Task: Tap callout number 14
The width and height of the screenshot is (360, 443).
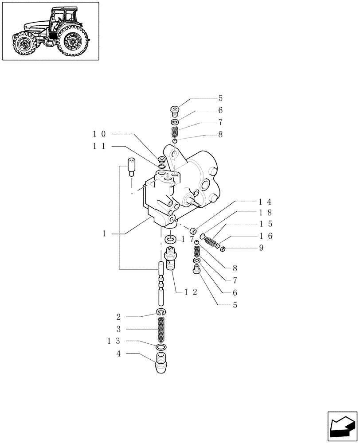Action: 265,202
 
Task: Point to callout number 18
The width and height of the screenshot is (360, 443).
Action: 265,213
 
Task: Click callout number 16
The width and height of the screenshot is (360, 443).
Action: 265,236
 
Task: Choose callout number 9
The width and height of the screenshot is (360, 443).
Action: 261,248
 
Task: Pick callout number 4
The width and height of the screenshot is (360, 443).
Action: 118,354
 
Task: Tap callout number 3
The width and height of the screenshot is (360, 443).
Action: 118,329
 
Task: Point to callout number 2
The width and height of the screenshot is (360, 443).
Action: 118,317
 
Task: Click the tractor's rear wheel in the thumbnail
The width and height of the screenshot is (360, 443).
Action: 72,42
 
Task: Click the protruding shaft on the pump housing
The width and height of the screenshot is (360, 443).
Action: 194,202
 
